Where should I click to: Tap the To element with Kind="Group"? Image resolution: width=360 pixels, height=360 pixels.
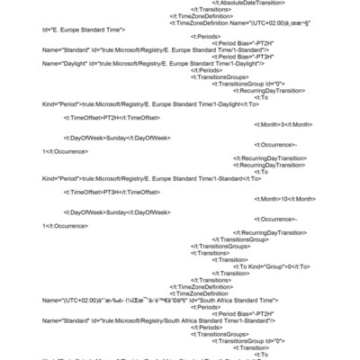click(x=271, y=266)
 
